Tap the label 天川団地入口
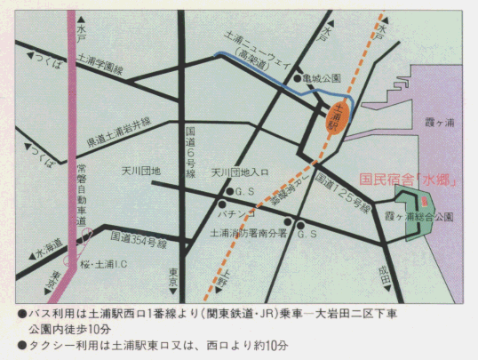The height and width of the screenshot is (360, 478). click(240, 172)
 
